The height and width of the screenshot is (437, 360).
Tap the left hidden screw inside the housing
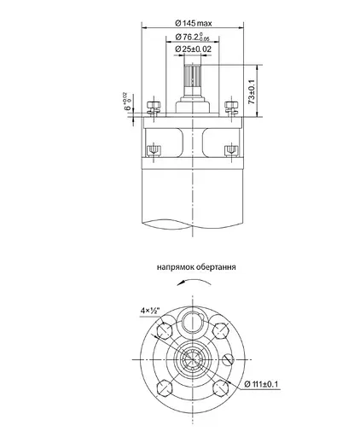154,151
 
